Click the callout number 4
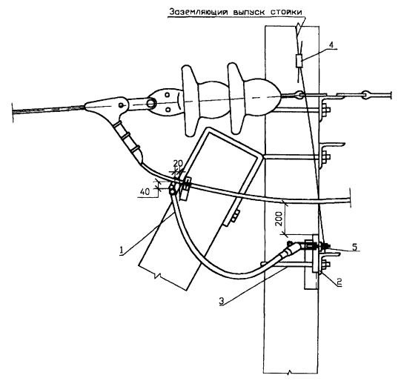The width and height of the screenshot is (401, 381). [331, 45]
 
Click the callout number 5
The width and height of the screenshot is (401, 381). [354, 247]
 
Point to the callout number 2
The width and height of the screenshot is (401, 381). [339, 282]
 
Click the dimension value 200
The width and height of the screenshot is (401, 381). [279, 219]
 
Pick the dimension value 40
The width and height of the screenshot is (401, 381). [145, 191]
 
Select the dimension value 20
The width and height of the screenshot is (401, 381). [178, 163]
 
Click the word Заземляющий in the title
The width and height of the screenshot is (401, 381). [199, 13]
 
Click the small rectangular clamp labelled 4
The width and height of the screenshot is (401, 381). [299, 61]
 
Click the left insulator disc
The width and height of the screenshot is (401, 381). [190, 101]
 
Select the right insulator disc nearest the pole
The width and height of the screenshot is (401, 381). [236, 99]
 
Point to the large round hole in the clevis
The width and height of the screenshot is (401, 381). [151, 103]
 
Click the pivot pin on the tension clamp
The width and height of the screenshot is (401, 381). [122, 105]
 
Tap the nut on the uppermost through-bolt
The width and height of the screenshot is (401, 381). [327, 110]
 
